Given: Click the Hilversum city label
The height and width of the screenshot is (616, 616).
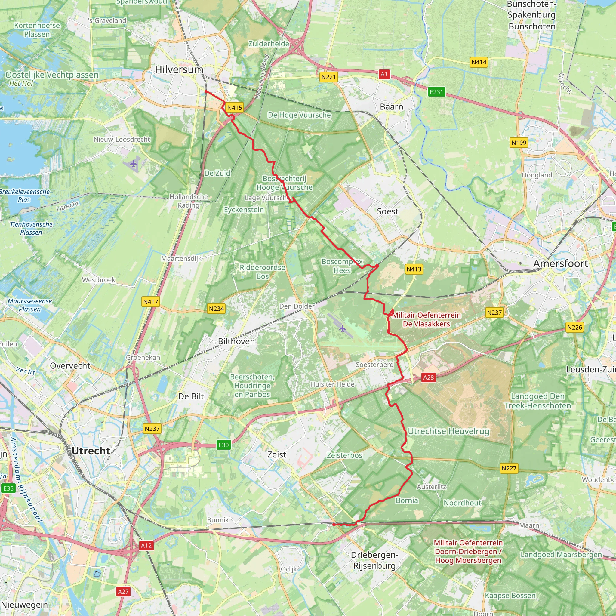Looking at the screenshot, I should coord(179,69).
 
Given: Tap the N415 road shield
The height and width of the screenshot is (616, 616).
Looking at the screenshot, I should coord(235,108).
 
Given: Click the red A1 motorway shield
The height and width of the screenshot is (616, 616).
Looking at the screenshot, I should coord(384,74).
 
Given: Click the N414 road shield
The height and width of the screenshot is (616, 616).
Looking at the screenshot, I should coord(479,62).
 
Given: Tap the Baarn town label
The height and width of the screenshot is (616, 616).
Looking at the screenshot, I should coord(392,107).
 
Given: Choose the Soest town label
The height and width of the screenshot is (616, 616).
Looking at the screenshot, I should coord(387,211).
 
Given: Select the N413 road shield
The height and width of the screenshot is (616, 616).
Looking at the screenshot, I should coord(414,269).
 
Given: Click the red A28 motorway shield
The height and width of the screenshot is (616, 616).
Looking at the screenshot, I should coord(428,377).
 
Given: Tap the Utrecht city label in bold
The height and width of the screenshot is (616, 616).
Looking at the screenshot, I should coord(91,451).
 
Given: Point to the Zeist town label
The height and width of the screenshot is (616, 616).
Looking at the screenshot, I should coord(276,455).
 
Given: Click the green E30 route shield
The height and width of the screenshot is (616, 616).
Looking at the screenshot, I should coord(223,445).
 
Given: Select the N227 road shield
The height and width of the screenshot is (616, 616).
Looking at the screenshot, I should coord(509,468).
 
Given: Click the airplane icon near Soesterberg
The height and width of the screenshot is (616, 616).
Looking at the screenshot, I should coord(342,328).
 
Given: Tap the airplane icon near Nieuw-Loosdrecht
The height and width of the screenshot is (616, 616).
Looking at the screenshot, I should coord(133,164).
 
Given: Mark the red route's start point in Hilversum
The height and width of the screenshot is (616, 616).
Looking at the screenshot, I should coord(206,91).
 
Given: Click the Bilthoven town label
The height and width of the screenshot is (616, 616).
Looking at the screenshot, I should coord(236,341).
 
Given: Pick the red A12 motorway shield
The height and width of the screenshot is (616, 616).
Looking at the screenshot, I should coord(146,545).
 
